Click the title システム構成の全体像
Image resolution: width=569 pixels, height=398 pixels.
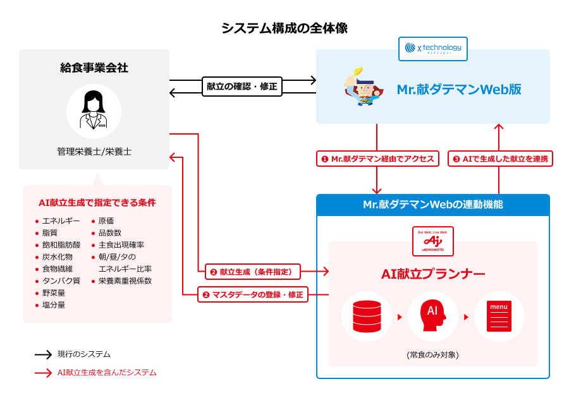pyautogui.click(x=284, y=28)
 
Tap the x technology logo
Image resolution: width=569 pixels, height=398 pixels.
pyautogui.click(x=433, y=48)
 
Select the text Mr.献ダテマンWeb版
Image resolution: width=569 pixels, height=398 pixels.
pyautogui.click(x=458, y=89)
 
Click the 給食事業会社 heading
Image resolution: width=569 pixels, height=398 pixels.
pyautogui.click(x=94, y=68)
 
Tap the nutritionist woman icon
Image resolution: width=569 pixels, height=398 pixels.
pyautogui.click(x=94, y=111)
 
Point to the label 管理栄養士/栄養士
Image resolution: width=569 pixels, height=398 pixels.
pyautogui.click(x=94, y=152)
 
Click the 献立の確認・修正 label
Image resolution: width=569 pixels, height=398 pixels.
pyautogui.click(x=242, y=87)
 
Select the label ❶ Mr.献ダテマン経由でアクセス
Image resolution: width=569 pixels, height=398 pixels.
pyautogui.click(x=377, y=159)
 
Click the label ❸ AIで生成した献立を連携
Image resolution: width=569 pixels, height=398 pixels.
pyautogui.click(x=501, y=159)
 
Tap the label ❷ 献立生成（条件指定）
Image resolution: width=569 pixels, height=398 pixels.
pyautogui.click(x=252, y=272)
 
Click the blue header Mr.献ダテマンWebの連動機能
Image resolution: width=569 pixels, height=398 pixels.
pyautogui.click(x=433, y=205)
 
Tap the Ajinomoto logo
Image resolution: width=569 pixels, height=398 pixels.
pyautogui.click(x=433, y=241)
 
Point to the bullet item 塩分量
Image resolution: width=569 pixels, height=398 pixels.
pyautogui.click(x=53, y=305)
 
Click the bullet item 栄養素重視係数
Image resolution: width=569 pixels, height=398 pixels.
pyautogui.click(x=125, y=280)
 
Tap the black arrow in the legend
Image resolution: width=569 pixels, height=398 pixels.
pyautogui.click(x=43, y=354)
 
